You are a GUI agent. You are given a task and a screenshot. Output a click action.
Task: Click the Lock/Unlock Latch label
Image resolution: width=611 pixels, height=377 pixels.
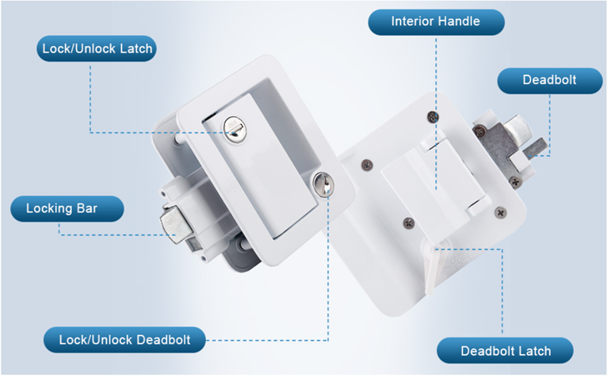coord(97,48)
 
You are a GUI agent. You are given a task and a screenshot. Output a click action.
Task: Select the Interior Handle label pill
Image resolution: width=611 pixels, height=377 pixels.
coord(436,22)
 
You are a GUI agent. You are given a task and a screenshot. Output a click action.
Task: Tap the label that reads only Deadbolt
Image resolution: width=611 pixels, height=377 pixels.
coord(550,81)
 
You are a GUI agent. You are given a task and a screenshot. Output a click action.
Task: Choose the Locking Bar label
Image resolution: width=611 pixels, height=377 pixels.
coord(67,209)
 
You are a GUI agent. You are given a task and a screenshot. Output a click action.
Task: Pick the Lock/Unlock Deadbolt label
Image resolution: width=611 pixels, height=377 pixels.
coord(124,340)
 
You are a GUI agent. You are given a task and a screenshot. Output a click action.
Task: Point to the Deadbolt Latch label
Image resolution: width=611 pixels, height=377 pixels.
coord(505,351)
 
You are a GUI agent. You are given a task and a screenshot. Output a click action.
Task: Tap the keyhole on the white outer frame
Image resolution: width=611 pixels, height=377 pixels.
coord(323,185)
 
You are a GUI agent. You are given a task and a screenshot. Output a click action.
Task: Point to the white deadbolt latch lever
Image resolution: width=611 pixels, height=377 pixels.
coord(433,268)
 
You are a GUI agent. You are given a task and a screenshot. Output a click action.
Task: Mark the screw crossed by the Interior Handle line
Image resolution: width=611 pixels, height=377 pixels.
coord(433,116)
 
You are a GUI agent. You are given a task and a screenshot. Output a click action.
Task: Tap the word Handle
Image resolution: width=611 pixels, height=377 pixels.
coord(460,21)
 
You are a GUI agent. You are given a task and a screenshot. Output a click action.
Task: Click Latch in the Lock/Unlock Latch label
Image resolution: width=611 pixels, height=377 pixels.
coord(136,48)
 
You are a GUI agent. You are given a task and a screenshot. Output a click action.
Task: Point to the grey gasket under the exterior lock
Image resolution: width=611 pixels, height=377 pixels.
coord(237,257)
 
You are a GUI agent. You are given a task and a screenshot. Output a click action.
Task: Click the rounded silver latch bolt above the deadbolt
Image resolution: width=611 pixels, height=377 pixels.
coord(517,128)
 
